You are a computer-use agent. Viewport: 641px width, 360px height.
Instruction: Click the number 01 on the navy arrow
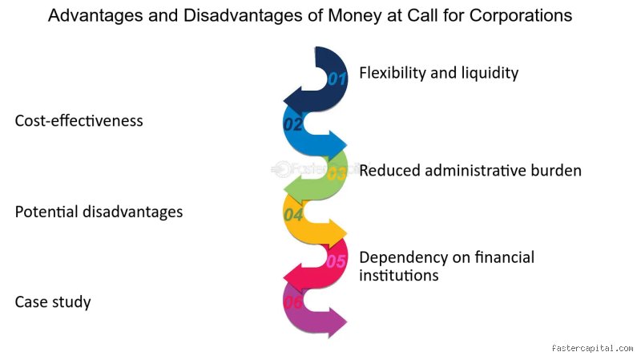[337, 78]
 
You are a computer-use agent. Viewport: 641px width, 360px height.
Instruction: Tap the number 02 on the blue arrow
[293, 124]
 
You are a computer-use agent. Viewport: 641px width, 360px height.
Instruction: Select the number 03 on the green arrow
[337, 174]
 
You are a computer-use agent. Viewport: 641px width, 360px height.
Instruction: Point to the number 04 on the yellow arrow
[293, 214]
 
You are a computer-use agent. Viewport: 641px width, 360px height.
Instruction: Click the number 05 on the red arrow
[337, 261]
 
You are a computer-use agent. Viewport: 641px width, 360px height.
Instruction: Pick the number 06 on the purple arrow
[293, 302]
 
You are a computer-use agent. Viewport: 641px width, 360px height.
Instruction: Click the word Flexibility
[393, 73]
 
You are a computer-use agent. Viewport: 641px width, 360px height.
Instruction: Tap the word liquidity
[490, 73]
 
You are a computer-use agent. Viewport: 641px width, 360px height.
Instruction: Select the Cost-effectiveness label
[79, 121]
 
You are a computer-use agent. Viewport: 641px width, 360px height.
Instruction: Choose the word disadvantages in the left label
[133, 212]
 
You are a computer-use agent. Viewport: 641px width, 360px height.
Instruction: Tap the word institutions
[399, 275]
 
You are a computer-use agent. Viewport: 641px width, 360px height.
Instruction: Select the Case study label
[53, 302]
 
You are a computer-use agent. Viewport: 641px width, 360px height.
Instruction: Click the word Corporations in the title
[520, 15]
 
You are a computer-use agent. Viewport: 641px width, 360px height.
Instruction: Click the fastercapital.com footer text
[592, 348]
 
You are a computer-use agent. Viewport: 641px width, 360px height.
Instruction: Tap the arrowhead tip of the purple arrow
[347, 322]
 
